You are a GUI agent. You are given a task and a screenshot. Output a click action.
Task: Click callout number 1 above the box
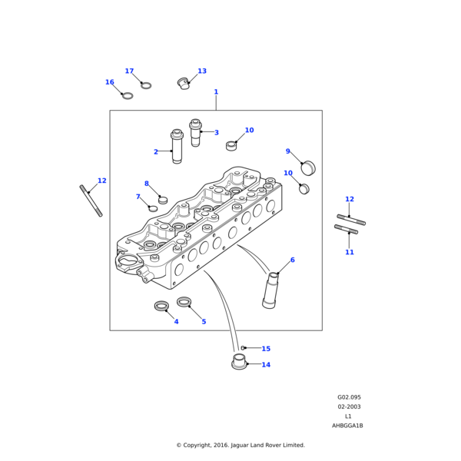[x=216, y=92]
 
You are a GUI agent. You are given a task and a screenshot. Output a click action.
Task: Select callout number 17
[x=129, y=71]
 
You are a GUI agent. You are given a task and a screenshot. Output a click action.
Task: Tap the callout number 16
[x=110, y=82]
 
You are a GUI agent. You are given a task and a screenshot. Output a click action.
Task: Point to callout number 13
[x=202, y=71]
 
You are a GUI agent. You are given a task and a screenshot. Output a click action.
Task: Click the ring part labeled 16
[x=128, y=95]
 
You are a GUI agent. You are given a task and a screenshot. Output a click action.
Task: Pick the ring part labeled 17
[x=146, y=85]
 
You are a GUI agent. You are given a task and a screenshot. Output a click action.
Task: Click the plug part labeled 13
[x=184, y=83]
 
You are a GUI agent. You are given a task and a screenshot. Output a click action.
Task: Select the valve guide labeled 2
[x=177, y=147]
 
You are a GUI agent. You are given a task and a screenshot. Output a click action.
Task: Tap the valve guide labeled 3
[x=195, y=132]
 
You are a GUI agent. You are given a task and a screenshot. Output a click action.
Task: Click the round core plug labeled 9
[x=308, y=167]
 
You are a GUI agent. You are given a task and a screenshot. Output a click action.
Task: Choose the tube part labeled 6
[x=271, y=290]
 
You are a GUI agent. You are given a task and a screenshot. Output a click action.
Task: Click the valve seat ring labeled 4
[x=161, y=306]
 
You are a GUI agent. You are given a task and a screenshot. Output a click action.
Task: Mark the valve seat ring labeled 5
[x=184, y=302]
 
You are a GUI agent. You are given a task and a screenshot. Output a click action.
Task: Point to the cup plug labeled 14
[x=239, y=361]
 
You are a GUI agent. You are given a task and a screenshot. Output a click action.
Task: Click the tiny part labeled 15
[x=243, y=348]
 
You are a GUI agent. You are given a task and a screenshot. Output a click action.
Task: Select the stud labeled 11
[x=347, y=229]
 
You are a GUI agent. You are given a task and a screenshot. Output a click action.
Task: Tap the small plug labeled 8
[x=163, y=200]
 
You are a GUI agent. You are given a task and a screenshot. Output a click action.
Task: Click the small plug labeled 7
[x=153, y=207]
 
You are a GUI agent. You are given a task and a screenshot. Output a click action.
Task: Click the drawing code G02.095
[x=349, y=397]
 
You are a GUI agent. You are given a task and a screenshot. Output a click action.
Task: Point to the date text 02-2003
[x=349, y=406]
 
